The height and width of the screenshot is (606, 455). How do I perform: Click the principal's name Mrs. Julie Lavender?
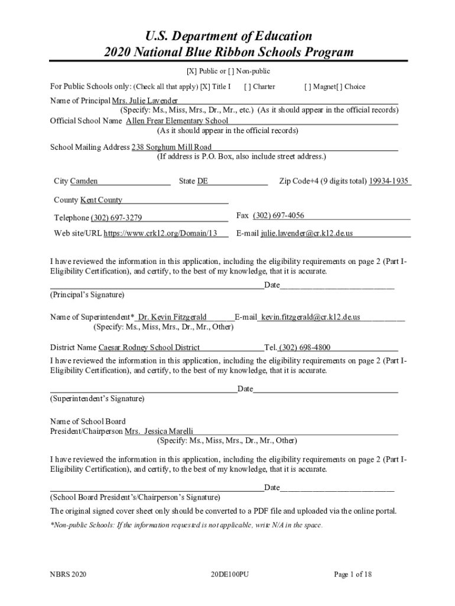tap(145, 101)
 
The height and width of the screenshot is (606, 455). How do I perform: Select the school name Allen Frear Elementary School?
tap(177, 121)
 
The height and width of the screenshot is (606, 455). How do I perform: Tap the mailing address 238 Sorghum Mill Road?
tap(171, 147)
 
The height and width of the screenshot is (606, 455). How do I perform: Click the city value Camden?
tap(84, 181)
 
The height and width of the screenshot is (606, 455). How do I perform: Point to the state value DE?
tap(203, 181)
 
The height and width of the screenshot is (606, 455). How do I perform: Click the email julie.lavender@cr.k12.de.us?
tap(307, 233)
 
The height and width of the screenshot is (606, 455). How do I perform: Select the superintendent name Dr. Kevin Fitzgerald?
tap(172, 317)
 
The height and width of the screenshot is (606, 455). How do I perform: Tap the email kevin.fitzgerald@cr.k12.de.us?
tap(311, 317)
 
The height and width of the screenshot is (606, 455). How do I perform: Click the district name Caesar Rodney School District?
tap(149, 347)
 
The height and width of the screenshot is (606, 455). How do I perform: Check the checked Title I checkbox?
tap(205, 86)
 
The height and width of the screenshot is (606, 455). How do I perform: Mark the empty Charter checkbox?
tap(248, 86)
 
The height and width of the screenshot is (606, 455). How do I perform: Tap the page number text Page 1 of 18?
tap(353, 574)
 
